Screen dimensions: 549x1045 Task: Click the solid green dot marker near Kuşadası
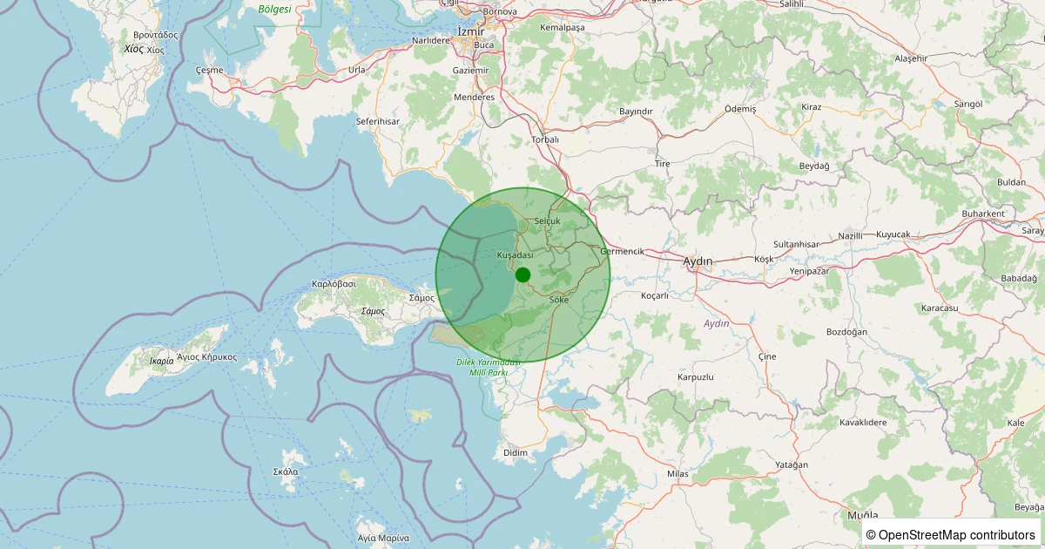pyautogui.click(x=522, y=274)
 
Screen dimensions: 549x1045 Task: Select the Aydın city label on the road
pyautogui.click(x=698, y=261)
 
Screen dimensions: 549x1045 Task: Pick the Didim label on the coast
pyautogui.click(x=516, y=453)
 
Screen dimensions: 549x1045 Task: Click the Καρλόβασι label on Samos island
pyautogui.click(x=334, y=284)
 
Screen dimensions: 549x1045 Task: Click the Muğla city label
pyautogui.click(x=862, y=516)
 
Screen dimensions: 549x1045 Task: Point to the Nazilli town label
pyautogui.click(x=850, y=235)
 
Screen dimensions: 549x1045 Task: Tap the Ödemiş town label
pyautogui.click(x=740, y=109)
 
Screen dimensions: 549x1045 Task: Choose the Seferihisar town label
pyautogui.click(x=377, y=121)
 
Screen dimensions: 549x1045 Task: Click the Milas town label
pyautogui.click(x=678, y=473)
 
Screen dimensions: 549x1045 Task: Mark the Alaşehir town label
pyautogui.click(x=912, y=58)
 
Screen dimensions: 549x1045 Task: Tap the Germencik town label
pyautogui.click(x=622, y=251)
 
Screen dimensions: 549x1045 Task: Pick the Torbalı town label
pyautogui.click(x=545, y=139)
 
